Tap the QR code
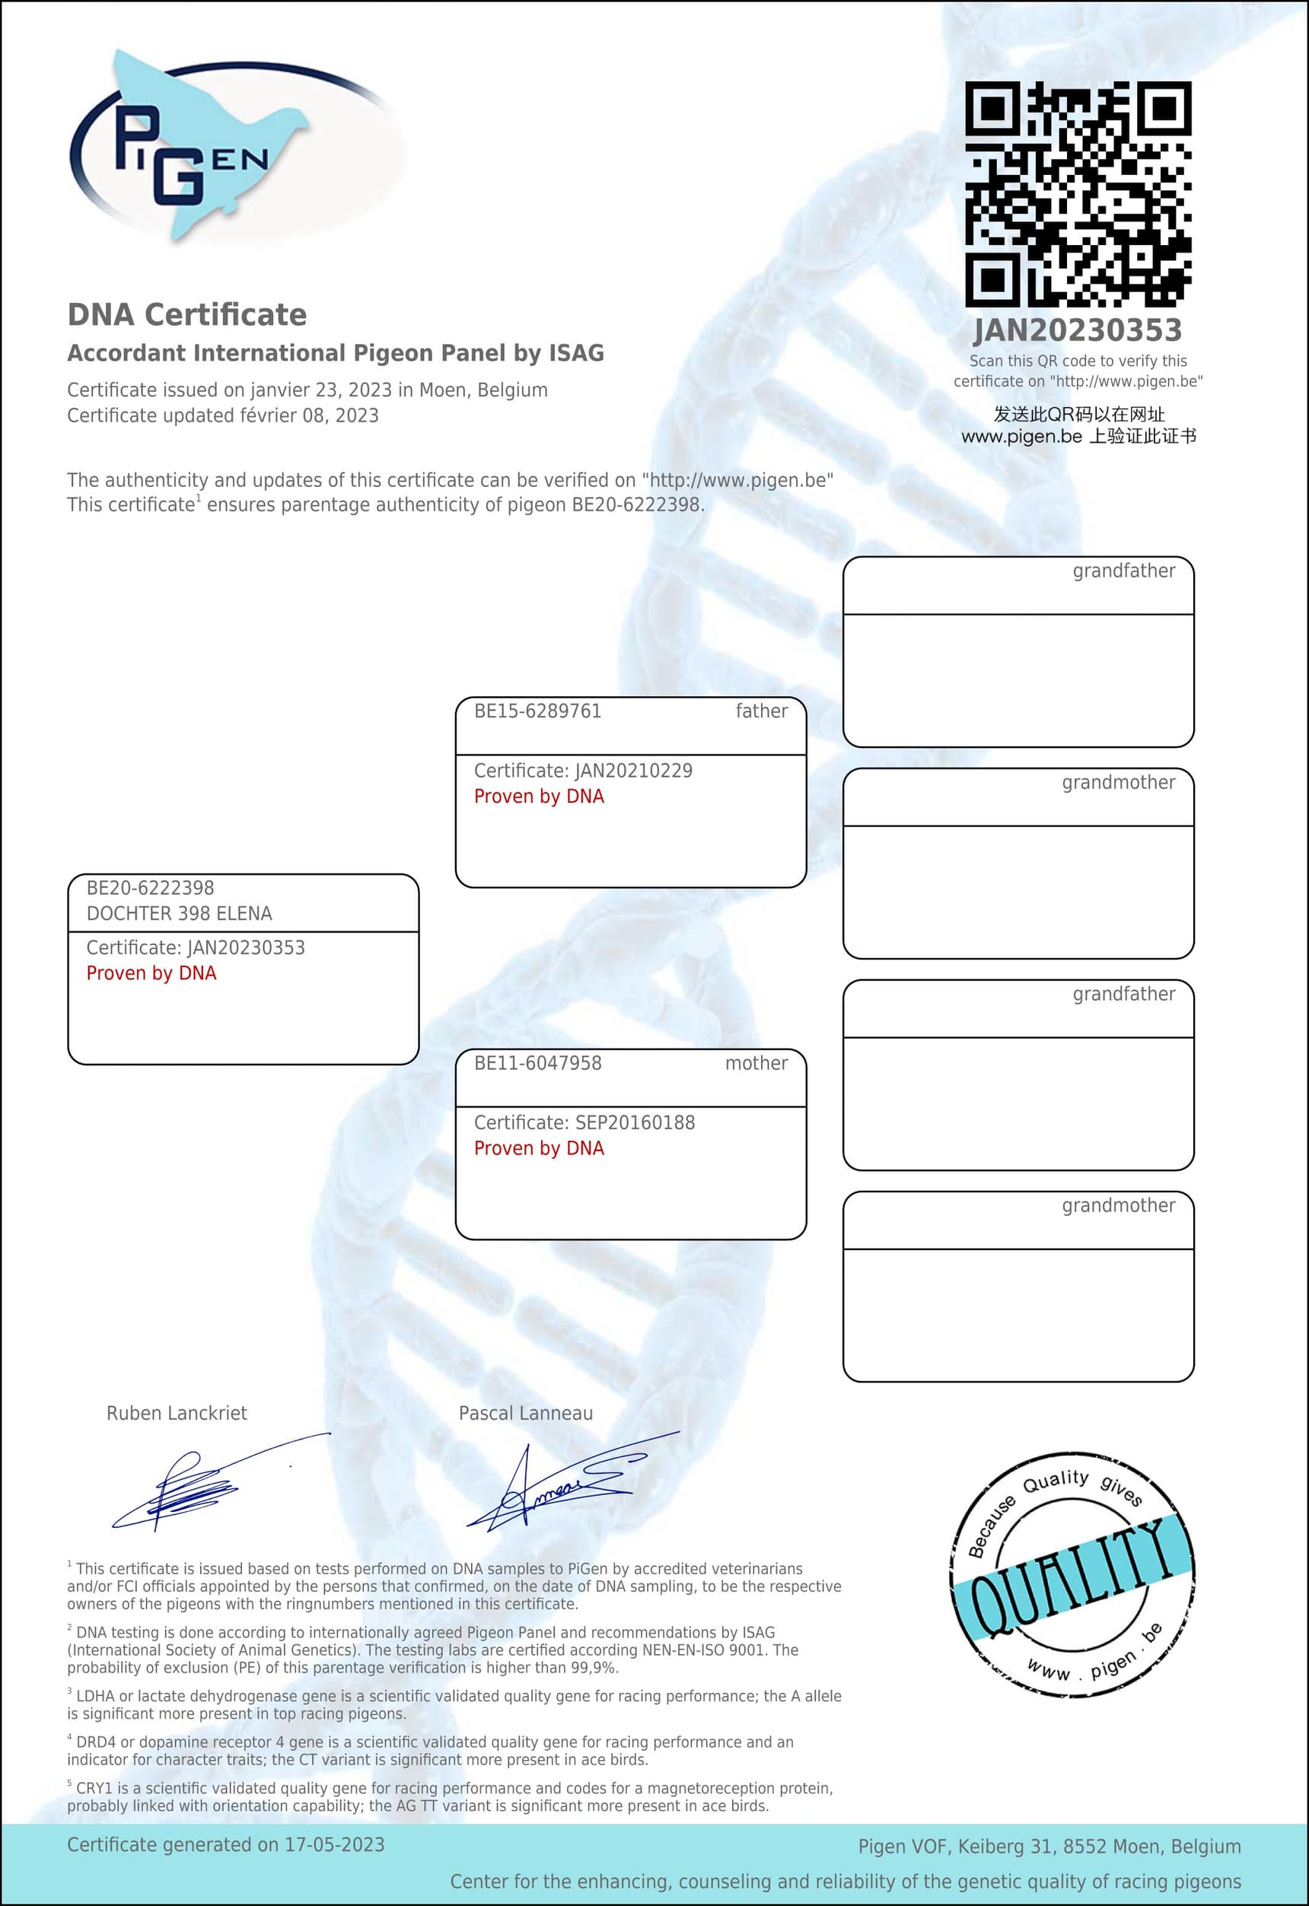tap(1078, 193)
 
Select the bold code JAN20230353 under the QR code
tap(1078, 330)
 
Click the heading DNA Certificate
tap(187, 315)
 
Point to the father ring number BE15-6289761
tap(537, 711)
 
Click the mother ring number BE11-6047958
tap(537, 1063)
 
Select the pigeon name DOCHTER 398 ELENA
tap(179, 914)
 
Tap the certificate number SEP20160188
tap(635, 1123)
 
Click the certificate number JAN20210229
tap(633, 771)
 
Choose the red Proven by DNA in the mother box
tap(539, 1148)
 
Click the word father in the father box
tap(761, 711)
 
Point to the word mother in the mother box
tap(756, 1063)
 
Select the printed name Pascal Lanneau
tap(525, 1413)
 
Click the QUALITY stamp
tap(1072, 1575)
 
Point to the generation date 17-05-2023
tap(334, 1844)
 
